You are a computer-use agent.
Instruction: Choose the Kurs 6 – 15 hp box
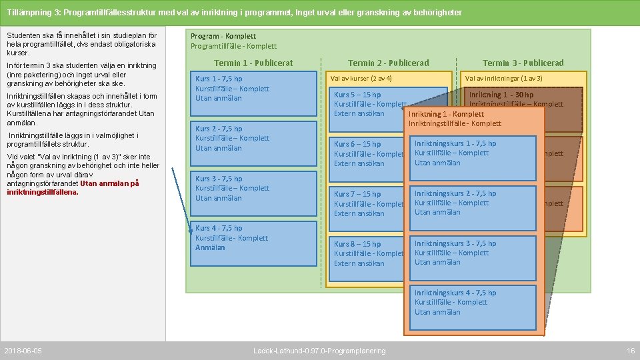coord(369,153)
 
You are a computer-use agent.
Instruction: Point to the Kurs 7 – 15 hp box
coord(369,203)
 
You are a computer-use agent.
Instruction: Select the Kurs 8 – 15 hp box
coord(369,253)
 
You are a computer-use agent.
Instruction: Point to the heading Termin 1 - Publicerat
coord(253,63)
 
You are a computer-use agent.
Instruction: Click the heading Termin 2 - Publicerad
coord(389,63)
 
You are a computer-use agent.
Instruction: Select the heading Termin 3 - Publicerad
coord(523,63)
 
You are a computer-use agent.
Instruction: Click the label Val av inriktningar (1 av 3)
coord(504,79)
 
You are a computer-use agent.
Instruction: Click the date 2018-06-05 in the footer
coord(23,351)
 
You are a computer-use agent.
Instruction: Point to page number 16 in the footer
coord(631,351)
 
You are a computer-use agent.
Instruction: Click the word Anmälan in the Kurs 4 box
coord(210,247)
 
